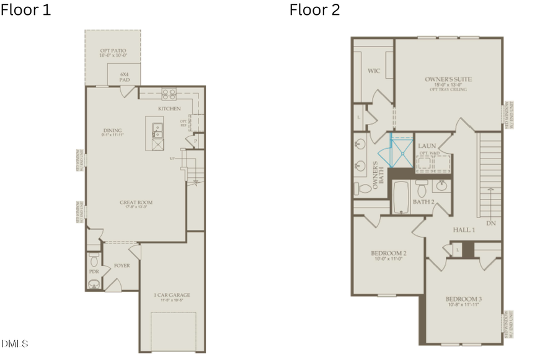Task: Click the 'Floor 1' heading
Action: click(x=26, y=10)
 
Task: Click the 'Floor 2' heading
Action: click(x=314, y=10)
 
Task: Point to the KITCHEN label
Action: click(x=169, y=108)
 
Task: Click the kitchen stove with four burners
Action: click(x=169, y=95)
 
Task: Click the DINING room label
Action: click(x=113, y=131)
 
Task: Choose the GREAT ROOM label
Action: click(x=136, y=203)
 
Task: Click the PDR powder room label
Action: click(x=94, y=271)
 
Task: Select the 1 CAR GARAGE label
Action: click(x=171, y=296)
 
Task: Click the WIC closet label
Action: click(x=373, y=71)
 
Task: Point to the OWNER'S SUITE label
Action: click(x=448, y=79)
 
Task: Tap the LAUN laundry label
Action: click(x=427, y=146)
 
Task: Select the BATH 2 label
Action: click(x=423, y=202)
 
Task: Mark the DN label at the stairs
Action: click(x=491, y=223)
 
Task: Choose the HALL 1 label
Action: click(x=464, y=230)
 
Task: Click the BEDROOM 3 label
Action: click(x=464, y=299)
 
